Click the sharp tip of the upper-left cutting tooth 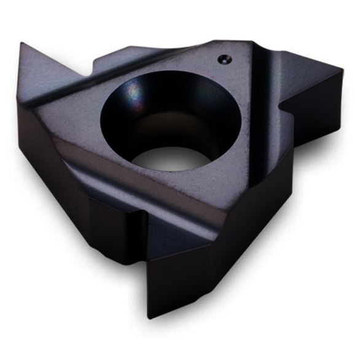coord(22,44)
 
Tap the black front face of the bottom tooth coord(184,270)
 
